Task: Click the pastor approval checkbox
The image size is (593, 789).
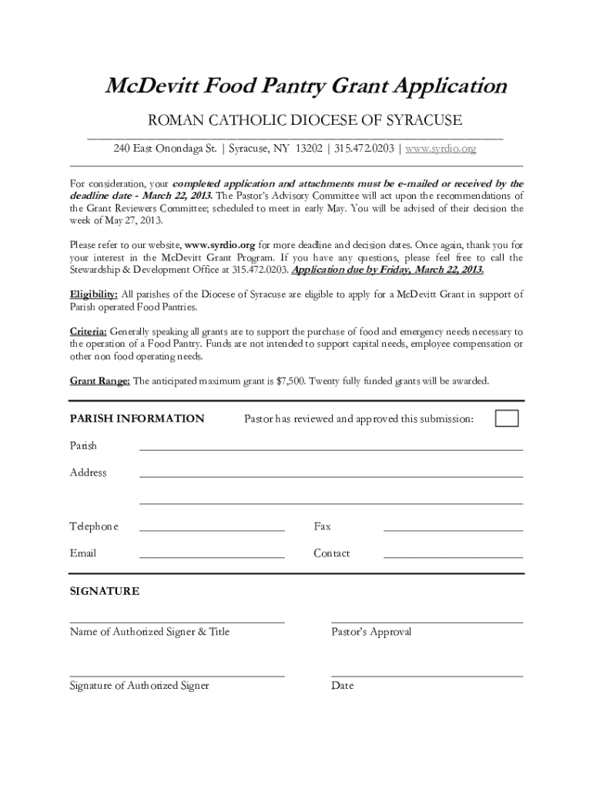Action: (507, 418)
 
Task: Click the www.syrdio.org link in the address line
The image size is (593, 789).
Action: (441, 149)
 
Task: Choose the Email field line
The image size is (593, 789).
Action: (212, 556)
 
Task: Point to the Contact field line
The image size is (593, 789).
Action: (453, 556)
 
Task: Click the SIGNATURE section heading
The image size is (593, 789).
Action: (105, 592)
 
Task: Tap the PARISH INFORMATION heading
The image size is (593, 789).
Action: (137, 419)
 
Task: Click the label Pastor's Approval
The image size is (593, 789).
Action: (371, 632)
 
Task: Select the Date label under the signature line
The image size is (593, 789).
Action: (343, 686)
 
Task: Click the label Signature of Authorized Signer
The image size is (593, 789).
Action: (139, 686)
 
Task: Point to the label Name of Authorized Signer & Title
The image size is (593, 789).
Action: (149, 632)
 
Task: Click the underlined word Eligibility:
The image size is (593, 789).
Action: (94, 294)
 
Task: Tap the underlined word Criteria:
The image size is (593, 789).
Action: (89, 331)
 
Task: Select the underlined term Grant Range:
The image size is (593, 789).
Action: (100, 381)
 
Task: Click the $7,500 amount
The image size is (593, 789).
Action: (290, 381)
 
